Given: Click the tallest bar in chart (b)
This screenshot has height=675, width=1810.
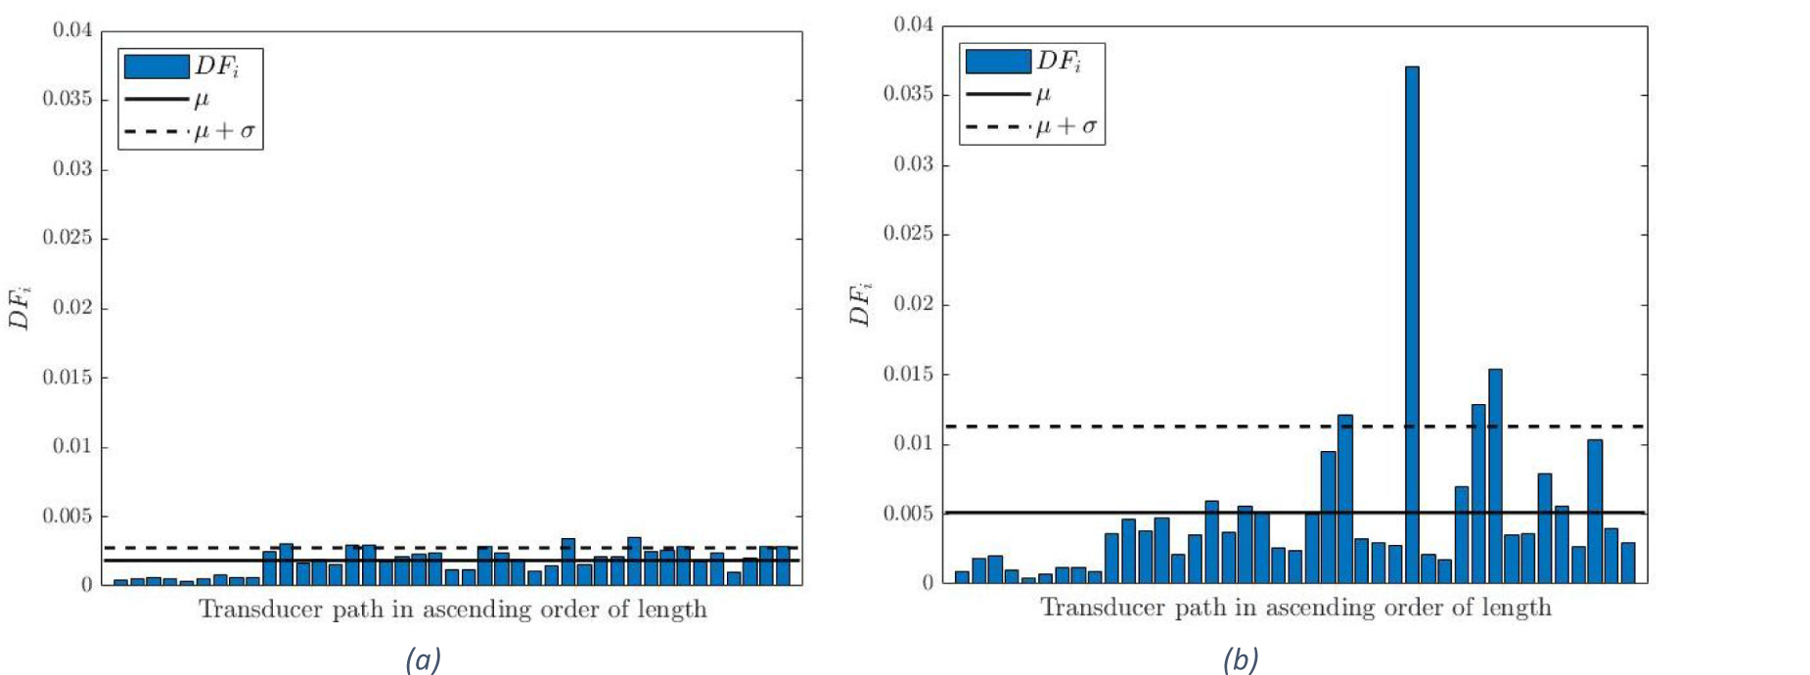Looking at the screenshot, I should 1412,323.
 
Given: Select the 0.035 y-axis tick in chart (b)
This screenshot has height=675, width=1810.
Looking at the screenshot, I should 908,94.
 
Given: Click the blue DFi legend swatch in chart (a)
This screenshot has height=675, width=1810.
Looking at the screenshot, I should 156,67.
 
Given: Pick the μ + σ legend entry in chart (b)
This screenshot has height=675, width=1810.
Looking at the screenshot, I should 1066,126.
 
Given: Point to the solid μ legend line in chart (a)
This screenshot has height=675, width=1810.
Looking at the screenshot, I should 156,99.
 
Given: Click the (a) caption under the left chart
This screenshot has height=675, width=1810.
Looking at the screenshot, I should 423,660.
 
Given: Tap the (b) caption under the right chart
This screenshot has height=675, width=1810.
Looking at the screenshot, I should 1241,660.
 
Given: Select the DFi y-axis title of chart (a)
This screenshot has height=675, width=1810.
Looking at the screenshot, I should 20,307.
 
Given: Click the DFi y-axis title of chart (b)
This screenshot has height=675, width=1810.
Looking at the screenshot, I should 860,303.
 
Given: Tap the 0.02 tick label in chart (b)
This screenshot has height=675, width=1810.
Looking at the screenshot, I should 913,304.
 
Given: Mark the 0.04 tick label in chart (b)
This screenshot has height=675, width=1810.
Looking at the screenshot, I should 913,24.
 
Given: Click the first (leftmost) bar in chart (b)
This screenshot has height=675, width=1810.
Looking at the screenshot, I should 962,577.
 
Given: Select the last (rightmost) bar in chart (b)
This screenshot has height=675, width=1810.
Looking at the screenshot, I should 1628,562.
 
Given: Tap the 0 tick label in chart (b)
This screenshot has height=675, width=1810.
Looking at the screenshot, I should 928,583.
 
